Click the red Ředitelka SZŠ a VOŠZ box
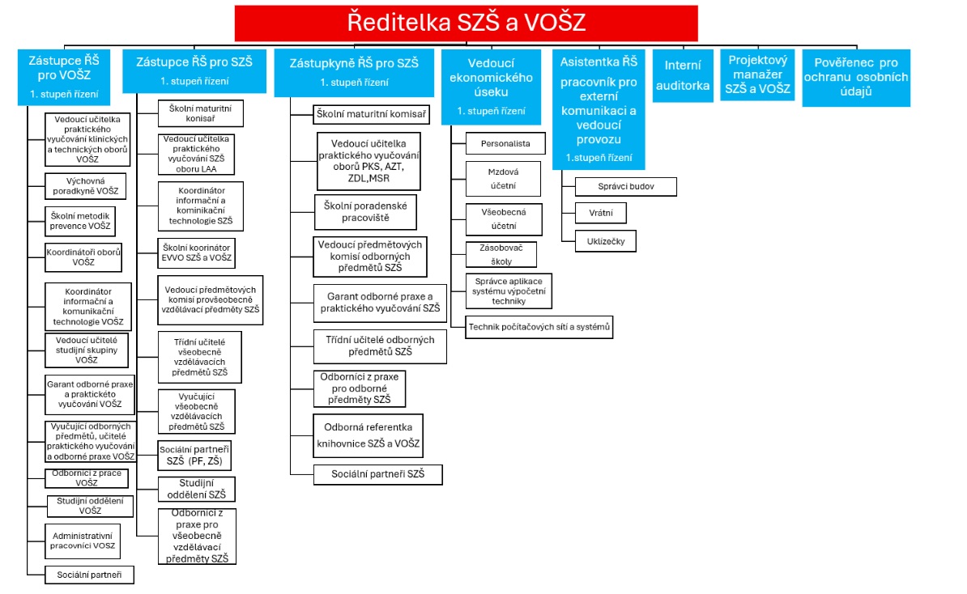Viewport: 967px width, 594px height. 466,23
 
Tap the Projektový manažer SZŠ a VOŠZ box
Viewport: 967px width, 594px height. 758,75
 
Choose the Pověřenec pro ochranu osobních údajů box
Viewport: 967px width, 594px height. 855,78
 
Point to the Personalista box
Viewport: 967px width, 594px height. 505,143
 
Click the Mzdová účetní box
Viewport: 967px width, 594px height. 503,179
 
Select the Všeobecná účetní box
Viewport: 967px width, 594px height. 503,219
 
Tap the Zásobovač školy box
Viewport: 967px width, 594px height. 501,255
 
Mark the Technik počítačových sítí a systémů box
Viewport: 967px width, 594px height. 539,327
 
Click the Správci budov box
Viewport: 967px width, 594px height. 625,186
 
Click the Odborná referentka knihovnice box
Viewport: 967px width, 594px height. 368,435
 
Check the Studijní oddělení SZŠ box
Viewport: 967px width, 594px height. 196,489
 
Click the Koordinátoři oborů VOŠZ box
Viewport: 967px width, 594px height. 83,257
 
